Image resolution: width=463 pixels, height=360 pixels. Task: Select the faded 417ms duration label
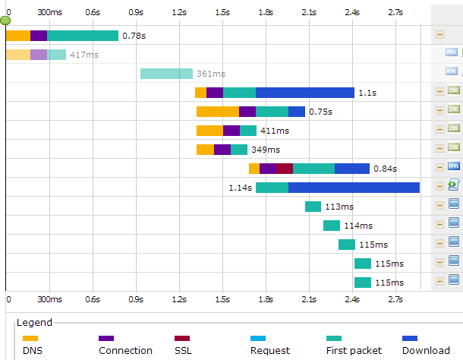click(x=83, y=55)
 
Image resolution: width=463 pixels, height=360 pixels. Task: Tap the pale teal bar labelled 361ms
click(x=166, y=74)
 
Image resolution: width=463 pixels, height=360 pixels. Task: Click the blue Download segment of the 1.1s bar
click(x=304, y=93)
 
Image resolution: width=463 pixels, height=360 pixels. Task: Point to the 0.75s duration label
click(x=321, y=112)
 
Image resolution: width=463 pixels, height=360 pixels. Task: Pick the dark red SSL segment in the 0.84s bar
click(x=284, y=169)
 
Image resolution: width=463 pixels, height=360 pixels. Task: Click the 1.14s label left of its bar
click(x=241, y=188)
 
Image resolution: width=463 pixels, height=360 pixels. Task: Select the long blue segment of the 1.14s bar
click(x=354, y=188)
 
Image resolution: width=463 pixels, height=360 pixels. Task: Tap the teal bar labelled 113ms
click(x=313, y=207)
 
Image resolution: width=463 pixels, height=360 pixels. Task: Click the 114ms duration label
click(x=357, y=226)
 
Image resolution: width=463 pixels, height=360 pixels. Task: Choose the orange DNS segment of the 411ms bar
click(x=209, y=131)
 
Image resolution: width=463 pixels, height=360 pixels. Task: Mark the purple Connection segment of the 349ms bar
click(x=222, y=150)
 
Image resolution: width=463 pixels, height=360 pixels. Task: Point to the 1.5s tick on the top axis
click(x=222, y=12)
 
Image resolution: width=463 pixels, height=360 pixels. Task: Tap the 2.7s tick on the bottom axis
click(x=395, y=300)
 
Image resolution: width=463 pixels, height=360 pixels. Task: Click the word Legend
click(x=34, y=323)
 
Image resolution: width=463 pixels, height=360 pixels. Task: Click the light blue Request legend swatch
click(x=258, y=338)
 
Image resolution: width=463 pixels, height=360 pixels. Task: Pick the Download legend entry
click(x=425, y=350)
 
